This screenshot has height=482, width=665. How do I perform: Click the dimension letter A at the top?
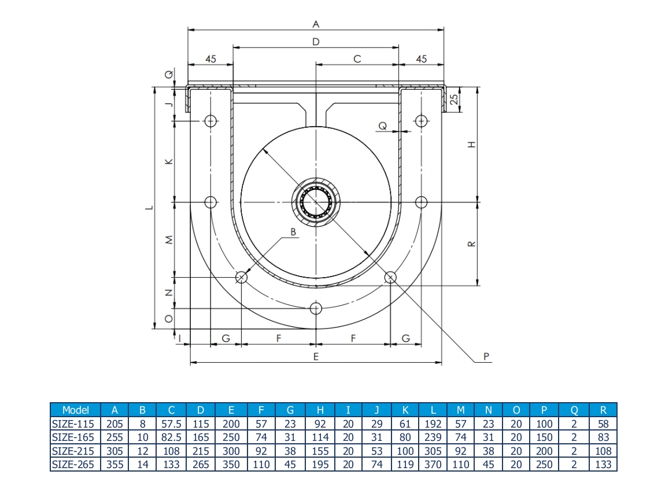(316, 24)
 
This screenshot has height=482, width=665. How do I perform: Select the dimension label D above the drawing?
(316, 42)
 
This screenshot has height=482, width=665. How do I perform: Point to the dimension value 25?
(455, 98)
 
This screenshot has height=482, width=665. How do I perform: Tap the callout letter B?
(293, 232)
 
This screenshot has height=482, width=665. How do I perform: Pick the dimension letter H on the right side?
(472, 145)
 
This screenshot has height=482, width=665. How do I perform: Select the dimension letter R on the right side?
(472, 244)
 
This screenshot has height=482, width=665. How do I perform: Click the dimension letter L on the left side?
(148, 208)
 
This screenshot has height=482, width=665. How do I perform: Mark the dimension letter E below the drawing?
(316, 357)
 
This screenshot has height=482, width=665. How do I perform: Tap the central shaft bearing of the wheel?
(316, 202)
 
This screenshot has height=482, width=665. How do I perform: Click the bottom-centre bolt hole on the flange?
(316, 308)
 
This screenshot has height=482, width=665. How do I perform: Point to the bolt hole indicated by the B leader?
(241, 278)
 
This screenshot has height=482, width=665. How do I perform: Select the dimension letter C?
(357, 58)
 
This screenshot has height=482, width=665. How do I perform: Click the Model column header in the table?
(75, 410)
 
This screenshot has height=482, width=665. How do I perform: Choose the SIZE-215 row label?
(75, 451)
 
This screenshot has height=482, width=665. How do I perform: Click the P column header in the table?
(544, 410)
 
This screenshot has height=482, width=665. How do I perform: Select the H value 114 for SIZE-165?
(320, 437)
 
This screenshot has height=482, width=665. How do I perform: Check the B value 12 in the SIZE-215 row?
(143, 451)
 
